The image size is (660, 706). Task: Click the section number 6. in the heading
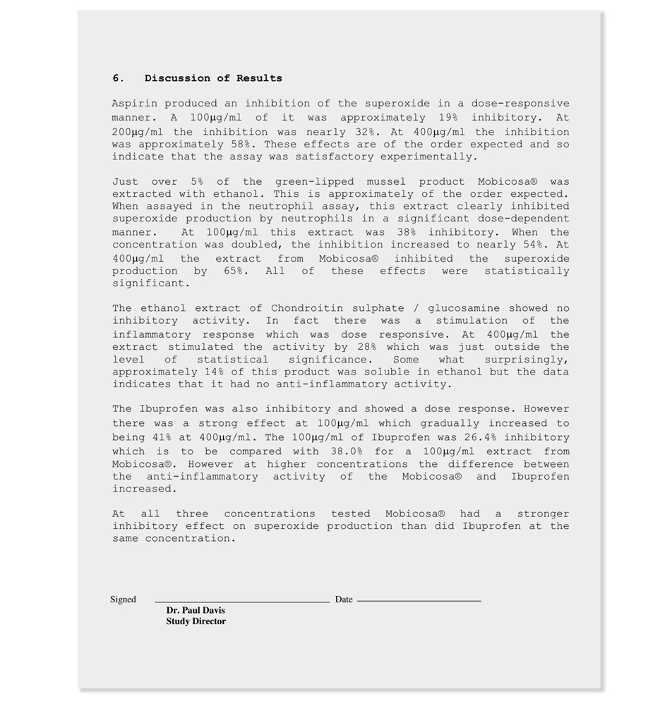tap(118, 78)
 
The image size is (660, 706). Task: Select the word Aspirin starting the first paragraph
tap(135, 104)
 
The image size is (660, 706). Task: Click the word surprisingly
tap(527, 360)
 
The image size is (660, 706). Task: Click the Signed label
tap(123, 600)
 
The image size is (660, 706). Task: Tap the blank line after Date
tap(419, 600)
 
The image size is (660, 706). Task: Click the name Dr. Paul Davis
tap(196, 610)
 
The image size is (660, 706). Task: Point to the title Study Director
tap(196, 621)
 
